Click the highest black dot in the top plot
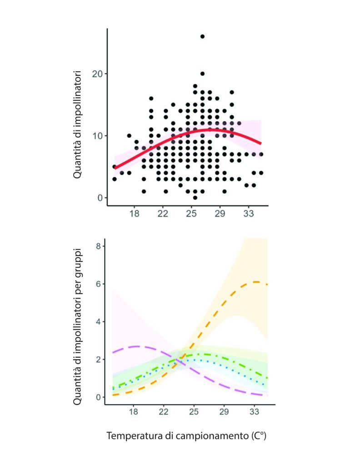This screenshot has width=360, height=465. click(x=203, y=36)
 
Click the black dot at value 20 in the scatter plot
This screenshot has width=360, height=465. click(x=203, y=74)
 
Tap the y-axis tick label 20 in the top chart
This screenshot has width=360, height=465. click(x=97, y=74)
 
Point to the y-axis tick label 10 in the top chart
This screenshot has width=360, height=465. click(x=97, y=136)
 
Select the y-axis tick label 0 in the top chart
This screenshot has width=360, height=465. click(x=99, y=198)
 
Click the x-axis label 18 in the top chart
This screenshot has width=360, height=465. click(x=134, y=213)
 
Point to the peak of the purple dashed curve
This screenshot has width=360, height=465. click(x=135, y=346)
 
